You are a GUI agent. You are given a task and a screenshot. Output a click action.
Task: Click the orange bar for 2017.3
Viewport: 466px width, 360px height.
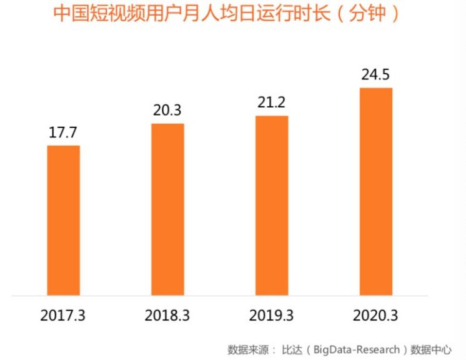(x=64, y=219)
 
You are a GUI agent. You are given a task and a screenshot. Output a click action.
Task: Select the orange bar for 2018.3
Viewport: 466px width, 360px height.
(x=168, y=209)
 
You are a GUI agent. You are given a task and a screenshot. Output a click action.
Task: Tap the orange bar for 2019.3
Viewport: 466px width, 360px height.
(x=272, y=205)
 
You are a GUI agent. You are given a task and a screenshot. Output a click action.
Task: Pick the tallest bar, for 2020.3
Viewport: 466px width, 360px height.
(x=376, y=191)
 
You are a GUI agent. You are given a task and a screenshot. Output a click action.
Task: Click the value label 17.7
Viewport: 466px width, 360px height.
(x=64, y=134)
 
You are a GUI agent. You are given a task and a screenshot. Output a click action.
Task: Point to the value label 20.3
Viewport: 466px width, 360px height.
(x=168, y=111)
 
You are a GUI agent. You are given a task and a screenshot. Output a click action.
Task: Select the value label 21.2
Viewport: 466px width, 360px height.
(x=272, y=104)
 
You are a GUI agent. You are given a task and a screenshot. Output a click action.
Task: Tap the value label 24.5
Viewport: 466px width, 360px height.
(x=376, y=76)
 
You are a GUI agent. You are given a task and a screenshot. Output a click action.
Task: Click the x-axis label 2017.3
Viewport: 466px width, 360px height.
(x=64, y=315)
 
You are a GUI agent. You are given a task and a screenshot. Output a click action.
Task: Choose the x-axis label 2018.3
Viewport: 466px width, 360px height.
(x=168, y=315)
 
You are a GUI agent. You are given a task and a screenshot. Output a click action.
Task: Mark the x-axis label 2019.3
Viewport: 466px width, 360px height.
(x=272, y=315)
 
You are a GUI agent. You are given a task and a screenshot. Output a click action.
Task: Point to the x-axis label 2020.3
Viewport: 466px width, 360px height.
(x=376, y=315)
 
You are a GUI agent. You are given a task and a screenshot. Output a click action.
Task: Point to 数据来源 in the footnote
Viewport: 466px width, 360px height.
(x=248, y=349)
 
